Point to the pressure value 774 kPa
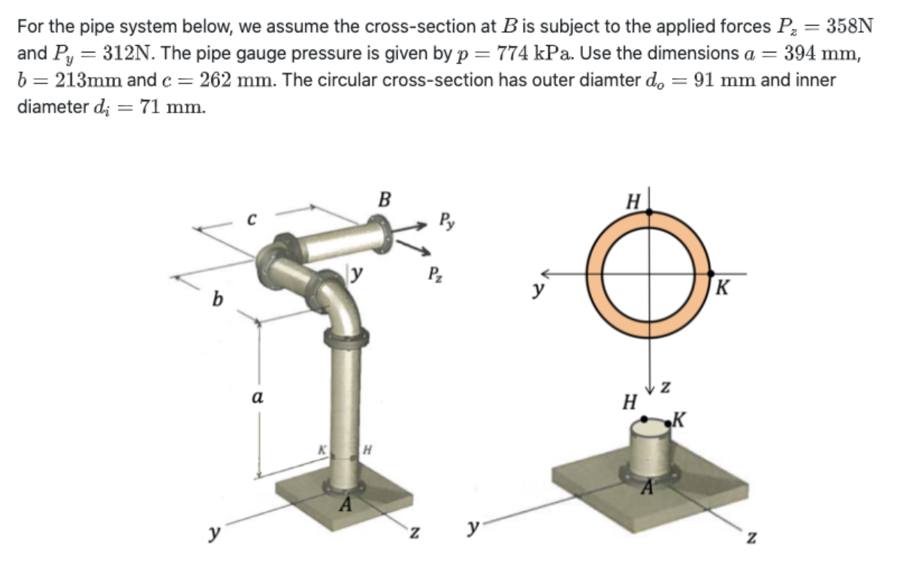click(532, 54)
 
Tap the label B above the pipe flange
click(385, 200)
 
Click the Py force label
click(446, 222)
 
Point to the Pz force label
click(434, 275)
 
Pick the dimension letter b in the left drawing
click(217, 300)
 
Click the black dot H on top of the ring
click(651, 213)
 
